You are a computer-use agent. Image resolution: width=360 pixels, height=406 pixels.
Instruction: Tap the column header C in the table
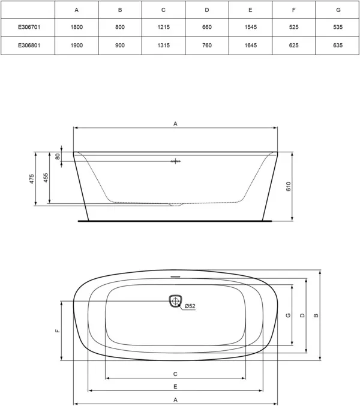pos(163,10)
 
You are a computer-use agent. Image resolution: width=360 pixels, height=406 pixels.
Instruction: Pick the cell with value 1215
pos(163,28)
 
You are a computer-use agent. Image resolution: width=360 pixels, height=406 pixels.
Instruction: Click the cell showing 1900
pos(76,46)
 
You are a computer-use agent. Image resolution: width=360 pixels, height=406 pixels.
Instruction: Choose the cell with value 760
pos(207,46)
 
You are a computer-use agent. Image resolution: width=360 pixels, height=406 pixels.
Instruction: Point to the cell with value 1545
pos(250,28)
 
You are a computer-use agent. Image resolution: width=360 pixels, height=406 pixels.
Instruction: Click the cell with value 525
pos(294,28)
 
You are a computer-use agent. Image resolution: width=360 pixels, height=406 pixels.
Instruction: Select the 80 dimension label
pos(58,157)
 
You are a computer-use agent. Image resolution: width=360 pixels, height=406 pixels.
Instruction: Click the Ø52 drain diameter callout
pos(190,306)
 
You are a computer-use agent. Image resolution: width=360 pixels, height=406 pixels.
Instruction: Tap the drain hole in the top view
pos(175,301)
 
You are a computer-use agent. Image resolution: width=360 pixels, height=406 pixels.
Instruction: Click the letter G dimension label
pos(288,315)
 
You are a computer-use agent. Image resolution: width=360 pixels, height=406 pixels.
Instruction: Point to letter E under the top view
pos(175,386)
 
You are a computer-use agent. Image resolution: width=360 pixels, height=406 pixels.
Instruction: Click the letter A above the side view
pos(175,123)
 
